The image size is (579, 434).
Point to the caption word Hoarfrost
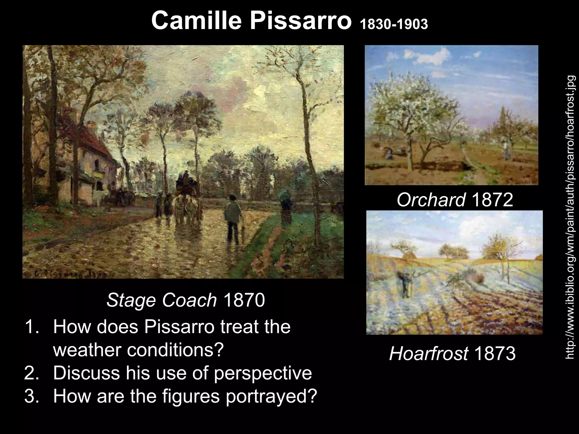pos(428,353)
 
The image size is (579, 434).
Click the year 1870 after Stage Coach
pos(244,300)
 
